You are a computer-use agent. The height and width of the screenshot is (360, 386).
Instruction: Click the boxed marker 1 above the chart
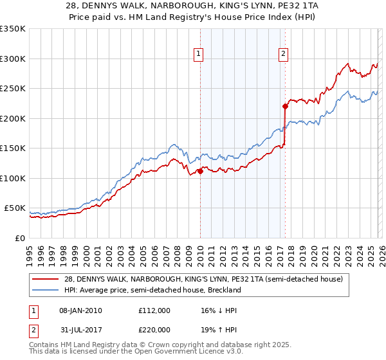(x=199, y=55)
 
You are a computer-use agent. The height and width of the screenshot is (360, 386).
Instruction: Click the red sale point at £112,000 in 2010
(x=200, y=171)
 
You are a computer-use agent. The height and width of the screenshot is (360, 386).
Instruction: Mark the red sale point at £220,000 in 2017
(x=285, y=107)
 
